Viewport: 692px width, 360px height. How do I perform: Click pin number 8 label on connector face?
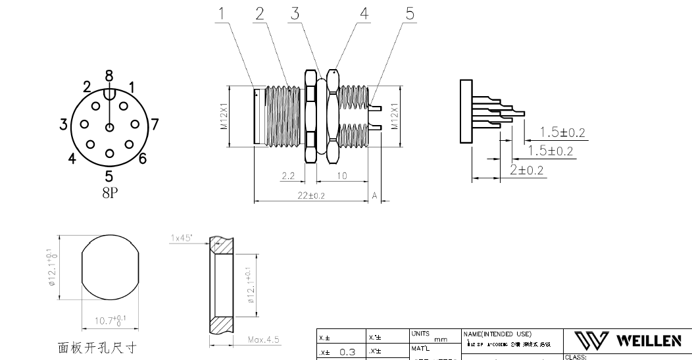click(109, 76)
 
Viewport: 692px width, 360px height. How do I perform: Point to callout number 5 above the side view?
click(411, 14)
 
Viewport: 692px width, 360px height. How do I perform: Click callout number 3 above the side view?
click(296, 14)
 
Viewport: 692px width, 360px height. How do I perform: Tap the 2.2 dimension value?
click(288, 176)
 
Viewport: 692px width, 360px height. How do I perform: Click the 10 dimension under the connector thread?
click(341, 176)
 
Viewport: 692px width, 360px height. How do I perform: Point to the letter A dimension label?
click(374, 195)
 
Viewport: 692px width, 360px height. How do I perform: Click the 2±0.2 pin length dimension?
click(527, 170)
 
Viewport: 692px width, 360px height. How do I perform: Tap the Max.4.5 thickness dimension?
click(264, 340)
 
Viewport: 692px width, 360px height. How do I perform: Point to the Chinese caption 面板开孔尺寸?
click(98, 346)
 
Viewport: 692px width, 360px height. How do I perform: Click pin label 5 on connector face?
click(109, 176)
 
